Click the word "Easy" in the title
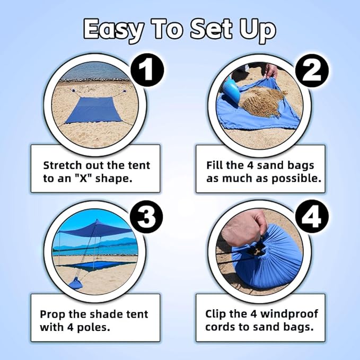(x=113, y=30)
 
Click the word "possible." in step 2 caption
(x=294, y=178)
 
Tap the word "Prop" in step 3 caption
(x=54, y=314)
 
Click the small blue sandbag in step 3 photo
(x=75, y=283)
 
